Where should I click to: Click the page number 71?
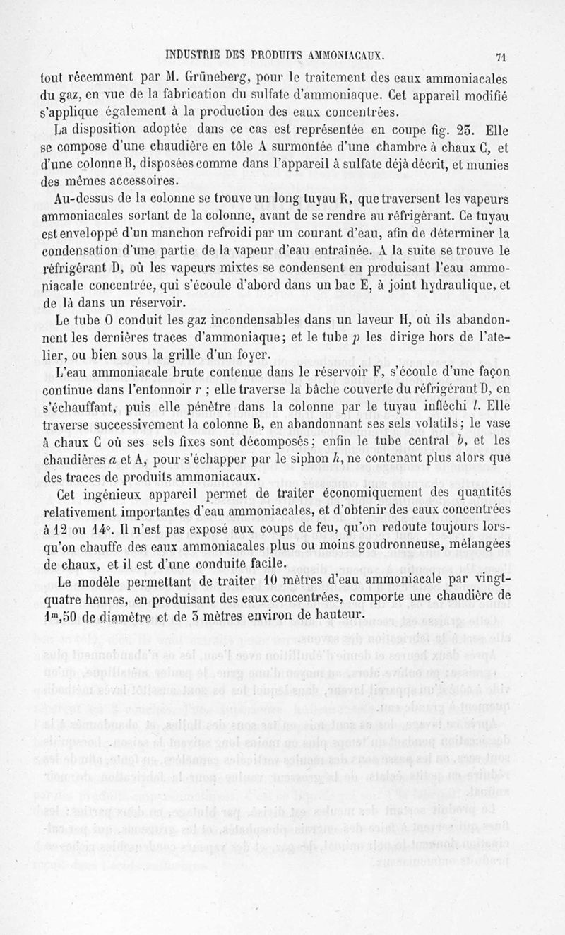point(502,58)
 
